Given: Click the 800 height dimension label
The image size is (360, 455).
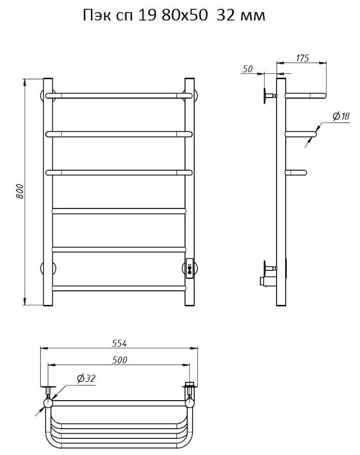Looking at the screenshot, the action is coord(20,192).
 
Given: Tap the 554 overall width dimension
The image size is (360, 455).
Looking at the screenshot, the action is coord(119,343).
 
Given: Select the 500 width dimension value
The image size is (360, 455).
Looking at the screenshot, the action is coord(119,360).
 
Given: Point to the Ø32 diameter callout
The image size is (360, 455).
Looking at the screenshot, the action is coord(86,378).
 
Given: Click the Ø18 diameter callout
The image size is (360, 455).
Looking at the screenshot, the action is coord(341,116).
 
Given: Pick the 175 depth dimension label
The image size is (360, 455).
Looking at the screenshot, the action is coord(302,58).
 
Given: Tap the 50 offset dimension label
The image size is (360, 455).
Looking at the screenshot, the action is coord(247,69).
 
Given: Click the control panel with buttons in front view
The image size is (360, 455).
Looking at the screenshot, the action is coord(190,269).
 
